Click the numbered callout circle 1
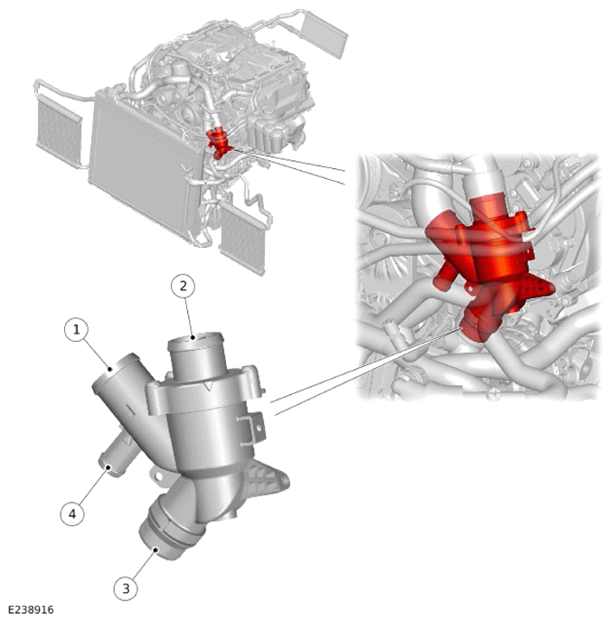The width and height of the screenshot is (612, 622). click(77, 329)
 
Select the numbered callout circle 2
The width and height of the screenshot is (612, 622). click(183, 286)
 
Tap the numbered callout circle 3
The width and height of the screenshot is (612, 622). click(126, 589)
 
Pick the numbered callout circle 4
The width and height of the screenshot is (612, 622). click(72, 514)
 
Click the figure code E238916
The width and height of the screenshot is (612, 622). click(31, 609)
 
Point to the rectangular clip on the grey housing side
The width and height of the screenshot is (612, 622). click(251, 429)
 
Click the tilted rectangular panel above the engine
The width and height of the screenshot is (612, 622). click(324, 34)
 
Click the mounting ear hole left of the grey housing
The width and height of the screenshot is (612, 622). click(158, 475)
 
